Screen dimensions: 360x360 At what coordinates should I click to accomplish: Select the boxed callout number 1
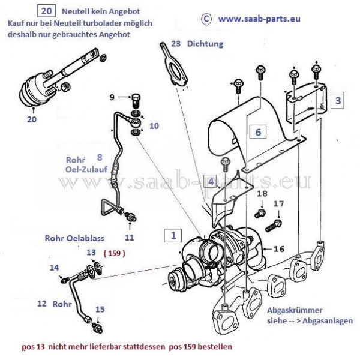coord(174,236)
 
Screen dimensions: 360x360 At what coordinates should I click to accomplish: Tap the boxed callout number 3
coord(338,100)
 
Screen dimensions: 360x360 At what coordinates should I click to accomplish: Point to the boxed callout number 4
coord(210,181)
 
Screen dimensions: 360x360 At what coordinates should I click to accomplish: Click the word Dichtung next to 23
coord(205,44)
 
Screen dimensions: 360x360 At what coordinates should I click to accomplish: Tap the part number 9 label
coord(112,97)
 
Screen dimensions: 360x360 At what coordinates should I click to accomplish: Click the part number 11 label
coord(130,237)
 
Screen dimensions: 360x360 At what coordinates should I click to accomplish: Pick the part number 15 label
coord(100,309)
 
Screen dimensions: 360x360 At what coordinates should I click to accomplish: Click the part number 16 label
coord(278,248)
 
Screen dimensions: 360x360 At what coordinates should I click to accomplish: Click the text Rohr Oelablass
coord(66,237)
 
